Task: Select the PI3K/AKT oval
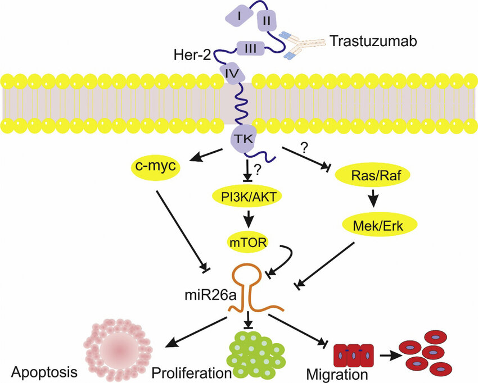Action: pos(247,196)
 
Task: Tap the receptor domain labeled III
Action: pos(251,49)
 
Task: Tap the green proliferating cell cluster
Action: pos(251,352)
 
